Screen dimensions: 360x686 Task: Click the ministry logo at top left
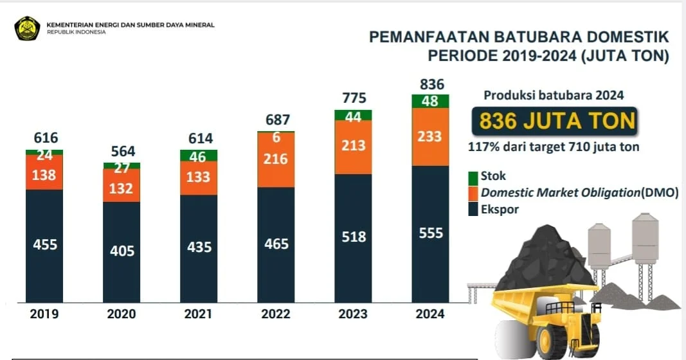tap(28, 28)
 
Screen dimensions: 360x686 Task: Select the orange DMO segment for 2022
tap(276, 159)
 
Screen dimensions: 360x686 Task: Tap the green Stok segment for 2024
tap(430, 101)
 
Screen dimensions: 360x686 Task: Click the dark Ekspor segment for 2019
tap(44, 245)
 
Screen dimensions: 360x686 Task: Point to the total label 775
tap(354, 98)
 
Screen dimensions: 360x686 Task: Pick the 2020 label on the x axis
tap(122, 314)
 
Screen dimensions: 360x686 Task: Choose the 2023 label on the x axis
tap(353, 314)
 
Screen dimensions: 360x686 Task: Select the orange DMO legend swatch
tap(473, 193)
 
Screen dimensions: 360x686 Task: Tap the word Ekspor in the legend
tap(500, 209)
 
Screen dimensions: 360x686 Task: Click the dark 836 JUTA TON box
tap(554, 121)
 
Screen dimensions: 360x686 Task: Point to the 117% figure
tap(482, 147)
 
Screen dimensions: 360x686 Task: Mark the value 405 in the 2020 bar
tap(122, 250)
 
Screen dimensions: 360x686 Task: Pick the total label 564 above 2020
tap(122, 151)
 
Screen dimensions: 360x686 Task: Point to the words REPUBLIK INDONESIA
tap(76, 32)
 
